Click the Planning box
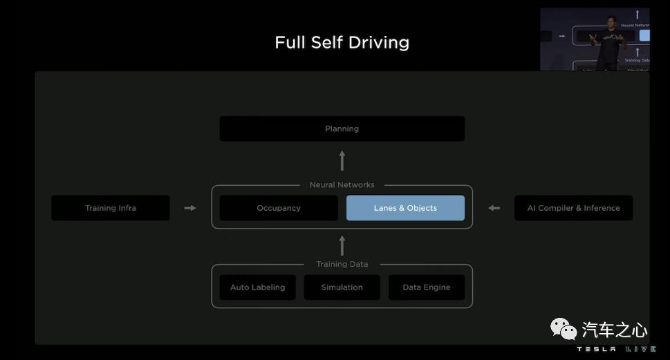pos(342,129)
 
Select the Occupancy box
pos(279,208)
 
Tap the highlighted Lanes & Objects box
pos(405,208)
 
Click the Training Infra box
pos(111,208)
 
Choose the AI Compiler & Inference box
pos(573,208)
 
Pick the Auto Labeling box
pos(257,287)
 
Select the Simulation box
pos(342,287)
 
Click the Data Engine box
pos(426,287)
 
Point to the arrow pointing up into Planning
pos(342,161)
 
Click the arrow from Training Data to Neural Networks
pos(342,245)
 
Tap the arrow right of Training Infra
pos(190,208)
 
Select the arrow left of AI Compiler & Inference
pos(494,208)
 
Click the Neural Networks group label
pos(342,184)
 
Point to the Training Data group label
pos(342,264)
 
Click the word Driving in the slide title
pos(378,43)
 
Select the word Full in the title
pos(290,42)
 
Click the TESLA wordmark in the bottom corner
pos(596,350)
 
